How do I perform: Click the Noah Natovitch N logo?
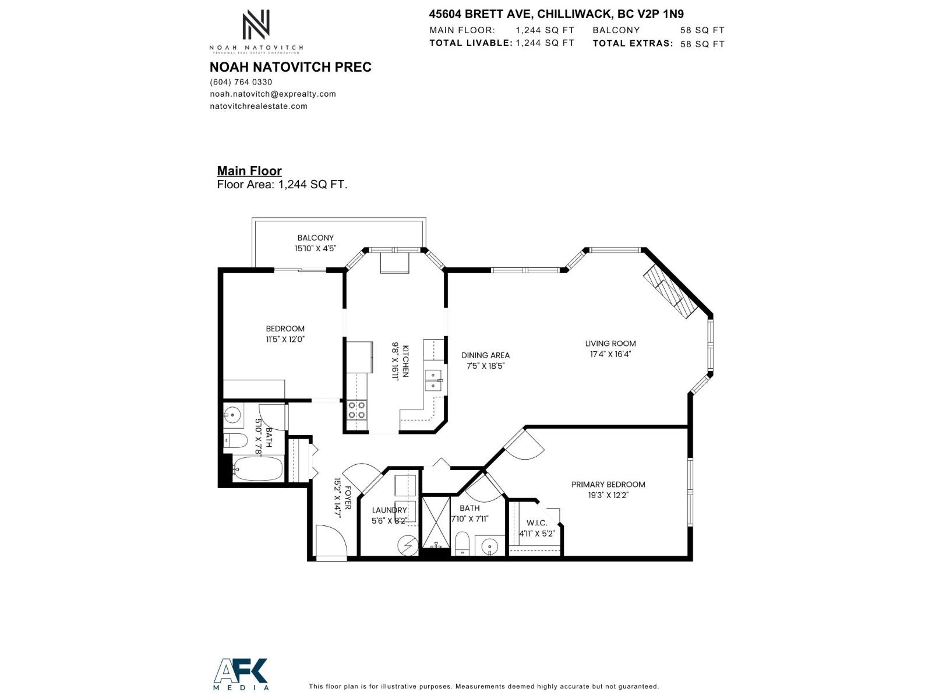pos(256,24)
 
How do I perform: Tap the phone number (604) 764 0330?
pos(241,82)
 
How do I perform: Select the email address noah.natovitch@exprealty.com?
pos(273,94)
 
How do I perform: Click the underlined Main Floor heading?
pos(249,171)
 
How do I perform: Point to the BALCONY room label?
pos(315,238)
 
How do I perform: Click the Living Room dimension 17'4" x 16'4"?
pos(610,354)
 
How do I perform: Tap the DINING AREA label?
pos(485,355)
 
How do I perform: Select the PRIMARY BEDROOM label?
pos(608,484)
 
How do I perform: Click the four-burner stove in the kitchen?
pos(356,410)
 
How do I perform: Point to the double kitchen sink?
pos(433,380)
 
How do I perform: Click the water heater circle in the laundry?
pos(407,546)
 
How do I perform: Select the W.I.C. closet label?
pos(536,523)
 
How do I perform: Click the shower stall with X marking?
pos(435,522)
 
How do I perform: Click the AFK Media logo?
pos(241,674)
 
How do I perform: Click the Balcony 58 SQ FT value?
pos(702,30)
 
